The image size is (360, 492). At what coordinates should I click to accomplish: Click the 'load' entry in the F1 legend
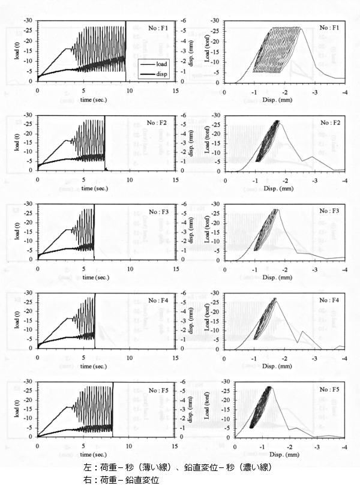[x=158, y=62]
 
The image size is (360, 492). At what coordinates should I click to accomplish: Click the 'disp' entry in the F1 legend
[x=158, y=74]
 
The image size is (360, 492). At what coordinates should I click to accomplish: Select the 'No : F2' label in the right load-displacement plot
[x=331, y=122]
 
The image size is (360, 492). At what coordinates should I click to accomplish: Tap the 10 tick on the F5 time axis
[x=129, y=446]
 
